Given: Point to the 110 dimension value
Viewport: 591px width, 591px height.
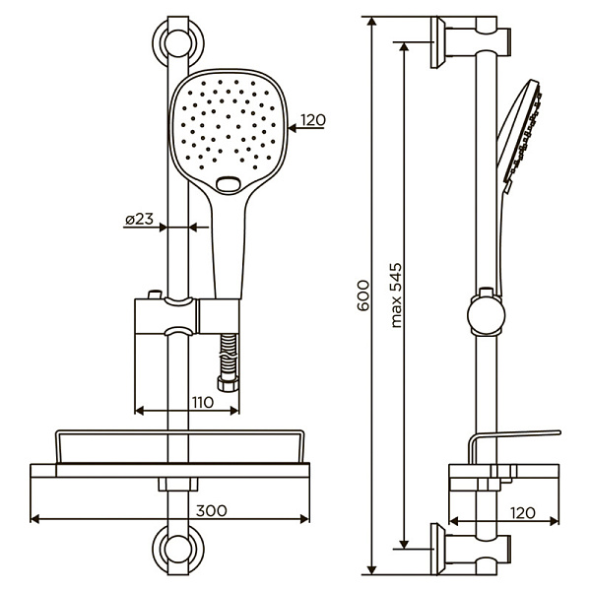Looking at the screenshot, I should coord(202,402).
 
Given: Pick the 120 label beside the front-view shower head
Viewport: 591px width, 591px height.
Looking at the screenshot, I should coord(312,120).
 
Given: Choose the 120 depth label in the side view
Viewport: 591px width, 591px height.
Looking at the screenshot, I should coord(522,512).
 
